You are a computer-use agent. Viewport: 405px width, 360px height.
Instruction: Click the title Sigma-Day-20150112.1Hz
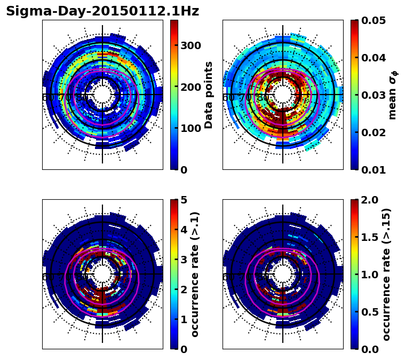tap(102, 11)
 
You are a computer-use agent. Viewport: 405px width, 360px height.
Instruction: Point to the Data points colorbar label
tap(209, 95)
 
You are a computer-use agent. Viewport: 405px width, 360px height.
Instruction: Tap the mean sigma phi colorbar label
tap(393, 95)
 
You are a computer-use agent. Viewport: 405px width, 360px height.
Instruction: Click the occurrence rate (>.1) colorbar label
tap(195, 274)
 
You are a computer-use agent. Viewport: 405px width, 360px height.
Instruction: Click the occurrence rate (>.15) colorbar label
tap(386, 274)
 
